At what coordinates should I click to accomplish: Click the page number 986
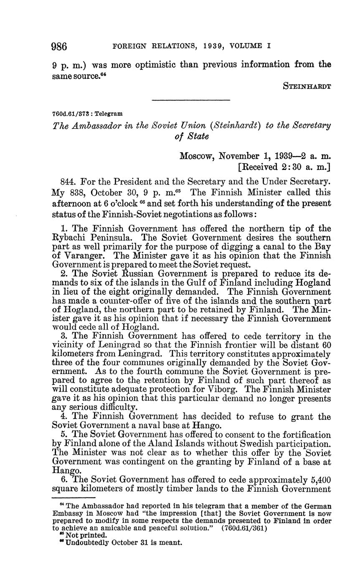(59, 46)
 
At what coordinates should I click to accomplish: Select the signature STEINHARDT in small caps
(307, 87)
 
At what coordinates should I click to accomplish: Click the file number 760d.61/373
(69, 114)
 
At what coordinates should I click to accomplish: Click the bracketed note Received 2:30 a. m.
(284, 167)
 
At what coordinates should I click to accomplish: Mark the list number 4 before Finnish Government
(63, 417)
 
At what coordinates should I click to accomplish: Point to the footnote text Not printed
(86, 535)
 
